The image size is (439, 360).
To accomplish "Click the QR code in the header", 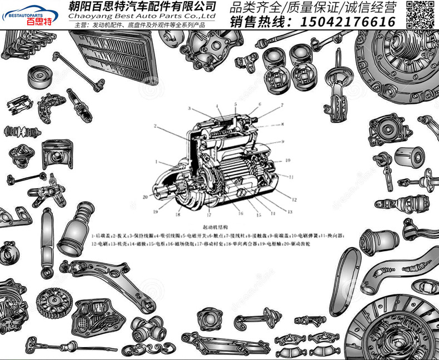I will [x=421, y=13].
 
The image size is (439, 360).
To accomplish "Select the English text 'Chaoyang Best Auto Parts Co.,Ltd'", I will [x=142, y=17].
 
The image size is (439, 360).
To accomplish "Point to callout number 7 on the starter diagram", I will [x=282, y=104].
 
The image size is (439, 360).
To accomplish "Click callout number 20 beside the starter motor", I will [x=145, y=197].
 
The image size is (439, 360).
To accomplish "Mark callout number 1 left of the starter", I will [x=157, y=162].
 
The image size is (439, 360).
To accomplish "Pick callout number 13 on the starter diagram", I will [x=290, y=212].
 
